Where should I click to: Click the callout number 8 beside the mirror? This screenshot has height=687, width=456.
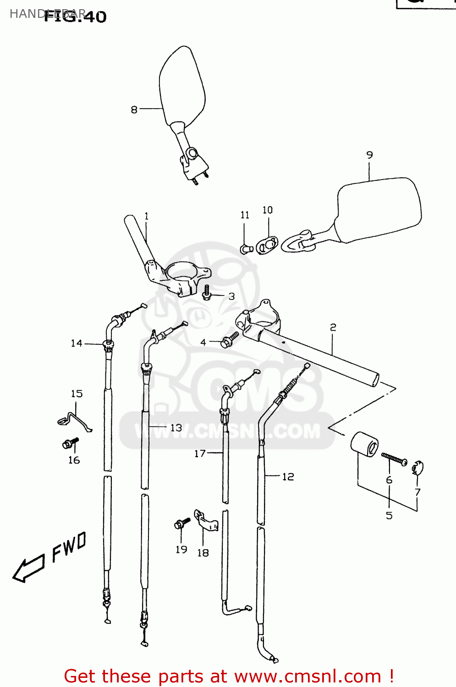coord(134,109)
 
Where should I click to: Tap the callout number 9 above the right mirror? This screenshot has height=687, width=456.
coord(369,155)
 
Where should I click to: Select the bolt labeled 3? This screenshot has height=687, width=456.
coord(206,293)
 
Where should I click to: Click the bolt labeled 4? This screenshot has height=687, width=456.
coord(229,340)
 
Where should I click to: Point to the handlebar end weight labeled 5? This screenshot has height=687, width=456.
coord(365,444)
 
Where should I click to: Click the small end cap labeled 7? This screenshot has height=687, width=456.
coord(418,468)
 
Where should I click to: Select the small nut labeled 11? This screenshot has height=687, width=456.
coord(246,249)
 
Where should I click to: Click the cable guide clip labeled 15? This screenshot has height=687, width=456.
coord(74,420)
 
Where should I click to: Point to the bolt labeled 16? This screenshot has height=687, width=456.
coord(70,443)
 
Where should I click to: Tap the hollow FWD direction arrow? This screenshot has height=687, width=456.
coord(28,568)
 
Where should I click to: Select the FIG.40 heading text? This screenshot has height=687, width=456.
coord(76,16)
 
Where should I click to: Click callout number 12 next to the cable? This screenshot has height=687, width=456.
coord(288,477)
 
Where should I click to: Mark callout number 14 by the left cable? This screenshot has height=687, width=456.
coord(76,343)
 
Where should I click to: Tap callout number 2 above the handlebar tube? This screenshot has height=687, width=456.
coord(333,327)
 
